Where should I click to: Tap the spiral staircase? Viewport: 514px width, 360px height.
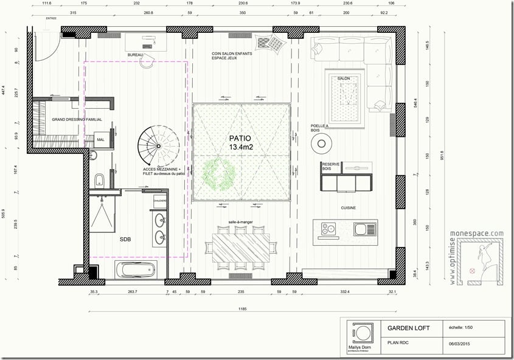click(x=158, y=147)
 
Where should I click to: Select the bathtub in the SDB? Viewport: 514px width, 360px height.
click(x=135, y=269)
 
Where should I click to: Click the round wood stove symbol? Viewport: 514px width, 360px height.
click(x=321, y=144)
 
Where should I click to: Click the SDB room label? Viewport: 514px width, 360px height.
click(x=125, y=239)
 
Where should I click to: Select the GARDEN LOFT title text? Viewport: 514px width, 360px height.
click(x=408, y=328)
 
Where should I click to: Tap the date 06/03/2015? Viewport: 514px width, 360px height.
click(x=459, y=343)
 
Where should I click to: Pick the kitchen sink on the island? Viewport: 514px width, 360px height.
click(x=360, y=229)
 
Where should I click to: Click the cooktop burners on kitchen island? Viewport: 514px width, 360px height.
click(x=328, y=229)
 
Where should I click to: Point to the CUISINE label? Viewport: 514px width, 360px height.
click(x=348, y=208)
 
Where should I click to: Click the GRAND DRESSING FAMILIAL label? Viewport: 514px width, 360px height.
click(x=77, y=120)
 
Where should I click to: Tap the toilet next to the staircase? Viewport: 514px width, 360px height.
click(x=99, y=179)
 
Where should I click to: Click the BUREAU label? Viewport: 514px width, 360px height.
click(x=135, y=55)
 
